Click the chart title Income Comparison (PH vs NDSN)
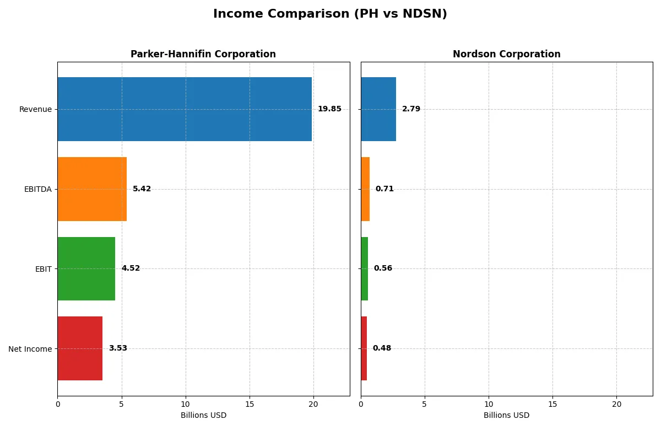[330, 14]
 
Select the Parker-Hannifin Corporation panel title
[203, 54]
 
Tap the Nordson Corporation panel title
[506, 54]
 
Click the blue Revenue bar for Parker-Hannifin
[185, 109]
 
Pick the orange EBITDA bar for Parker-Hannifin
[92, 189]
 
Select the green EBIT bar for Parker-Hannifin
[86, 268]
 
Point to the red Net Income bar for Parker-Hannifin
[80, 348]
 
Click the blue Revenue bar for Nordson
[378, 109]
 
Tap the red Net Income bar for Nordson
[364, 348]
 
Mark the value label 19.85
[329, 109]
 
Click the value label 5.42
[142, 189]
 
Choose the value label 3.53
[118, 348]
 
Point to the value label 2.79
[411, 109]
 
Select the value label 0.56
[383, 268]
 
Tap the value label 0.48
[382, 348]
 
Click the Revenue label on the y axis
[35, 109]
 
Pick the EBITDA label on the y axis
[37, 189]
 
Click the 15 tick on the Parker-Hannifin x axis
[250, 404]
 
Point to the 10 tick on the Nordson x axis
[489, 404]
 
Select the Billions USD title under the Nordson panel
[506, 416]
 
